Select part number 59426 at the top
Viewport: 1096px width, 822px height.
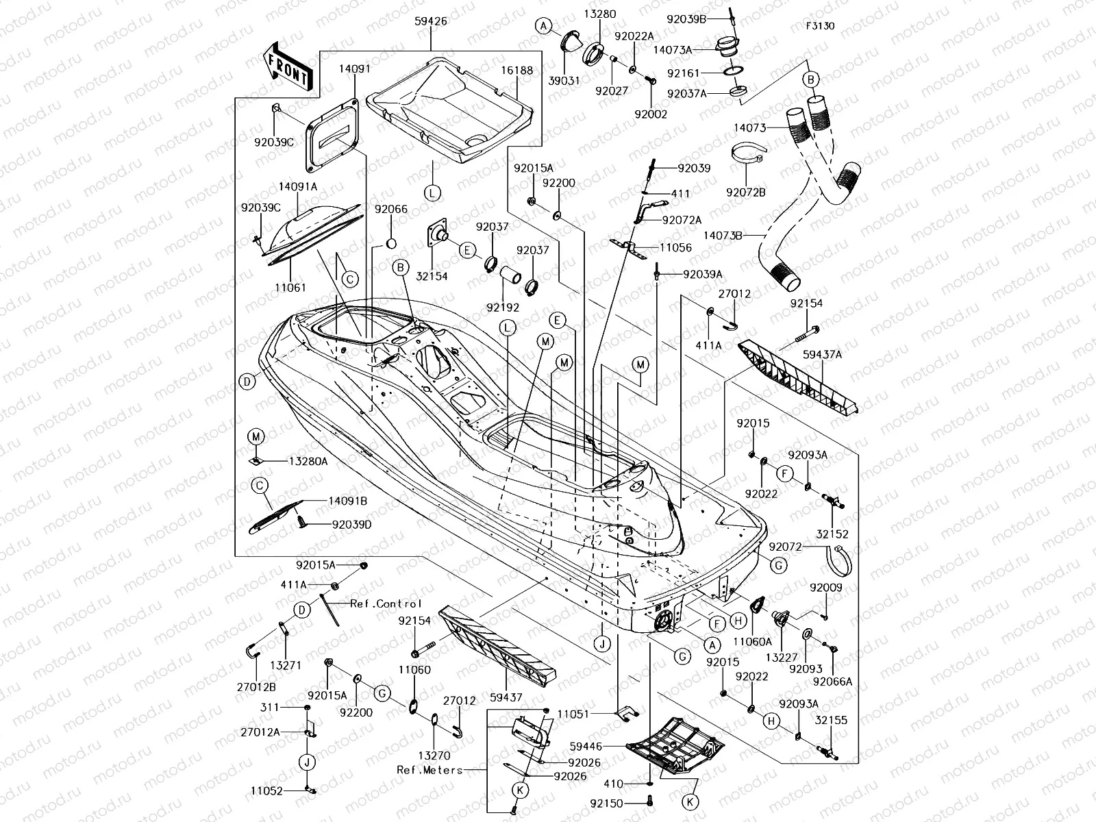click(431, 22)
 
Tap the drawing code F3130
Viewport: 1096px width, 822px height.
click(820, 27)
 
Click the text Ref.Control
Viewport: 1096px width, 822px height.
click(386, 603)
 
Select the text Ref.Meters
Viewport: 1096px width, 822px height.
click(429, 769)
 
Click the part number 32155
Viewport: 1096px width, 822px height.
click(831, 720)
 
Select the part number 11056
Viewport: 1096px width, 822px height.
click(675, 248)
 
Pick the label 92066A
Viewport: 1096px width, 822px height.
click(832, 681)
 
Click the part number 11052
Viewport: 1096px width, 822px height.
click(266, 790)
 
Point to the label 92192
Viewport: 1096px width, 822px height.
click(503, 308)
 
